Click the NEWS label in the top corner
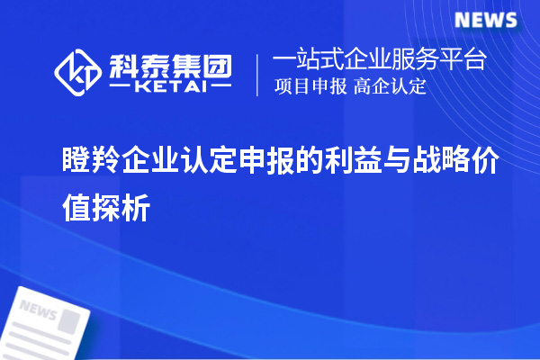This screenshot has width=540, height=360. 486,20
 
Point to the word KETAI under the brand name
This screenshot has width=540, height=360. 169,87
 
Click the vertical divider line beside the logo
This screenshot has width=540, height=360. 258,74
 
